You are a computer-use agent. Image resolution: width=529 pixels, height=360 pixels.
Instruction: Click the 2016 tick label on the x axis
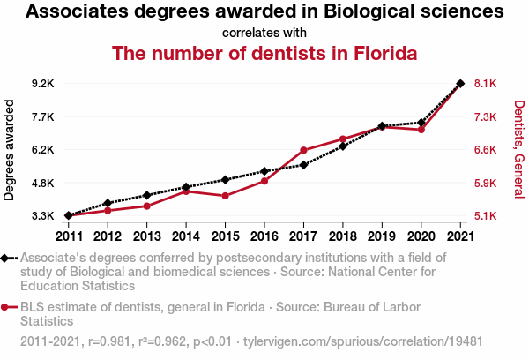point(264,236)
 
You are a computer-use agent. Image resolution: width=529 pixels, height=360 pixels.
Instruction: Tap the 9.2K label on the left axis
point(43,84)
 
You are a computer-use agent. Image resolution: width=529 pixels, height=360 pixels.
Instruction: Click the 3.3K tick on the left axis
point(43,215)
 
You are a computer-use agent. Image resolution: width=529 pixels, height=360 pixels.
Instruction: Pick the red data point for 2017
point(303,151)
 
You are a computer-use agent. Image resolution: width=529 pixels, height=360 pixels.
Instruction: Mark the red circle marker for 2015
point(225,196)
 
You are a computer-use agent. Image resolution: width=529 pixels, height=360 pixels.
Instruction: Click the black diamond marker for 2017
point(303,165)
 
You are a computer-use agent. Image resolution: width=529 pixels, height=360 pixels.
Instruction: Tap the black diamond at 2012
point(108,203)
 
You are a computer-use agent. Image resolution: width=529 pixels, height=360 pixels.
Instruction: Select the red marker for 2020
point(421,130)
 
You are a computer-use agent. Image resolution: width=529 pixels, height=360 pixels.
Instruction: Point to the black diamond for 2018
point(343,146)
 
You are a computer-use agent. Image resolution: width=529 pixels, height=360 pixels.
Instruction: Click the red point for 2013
point(146,206)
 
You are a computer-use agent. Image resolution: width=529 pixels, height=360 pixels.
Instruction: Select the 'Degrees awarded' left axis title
point(10,150)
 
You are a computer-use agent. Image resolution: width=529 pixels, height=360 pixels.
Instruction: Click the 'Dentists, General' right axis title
point(518,149)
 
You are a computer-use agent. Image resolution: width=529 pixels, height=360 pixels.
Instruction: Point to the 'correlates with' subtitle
point(264,33)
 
